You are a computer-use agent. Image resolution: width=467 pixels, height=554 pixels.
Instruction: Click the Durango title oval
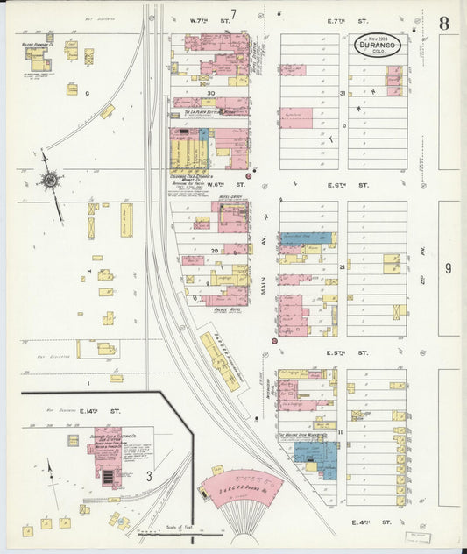tap(378, 44)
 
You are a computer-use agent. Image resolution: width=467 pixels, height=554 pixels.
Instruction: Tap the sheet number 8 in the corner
tap(444, 24)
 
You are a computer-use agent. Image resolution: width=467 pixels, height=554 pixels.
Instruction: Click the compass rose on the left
tap(49, 181)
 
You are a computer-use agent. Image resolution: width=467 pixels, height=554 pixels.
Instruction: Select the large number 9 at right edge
tap(447, 269)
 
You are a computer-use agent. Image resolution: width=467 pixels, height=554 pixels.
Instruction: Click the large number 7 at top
tap(233, 12)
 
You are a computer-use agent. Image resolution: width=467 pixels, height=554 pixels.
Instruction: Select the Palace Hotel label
tap(228, 309)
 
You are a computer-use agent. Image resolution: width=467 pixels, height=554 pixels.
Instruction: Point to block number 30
tap(210, 92)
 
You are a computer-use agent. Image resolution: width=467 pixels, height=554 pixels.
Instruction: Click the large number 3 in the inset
tap(149, 476)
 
